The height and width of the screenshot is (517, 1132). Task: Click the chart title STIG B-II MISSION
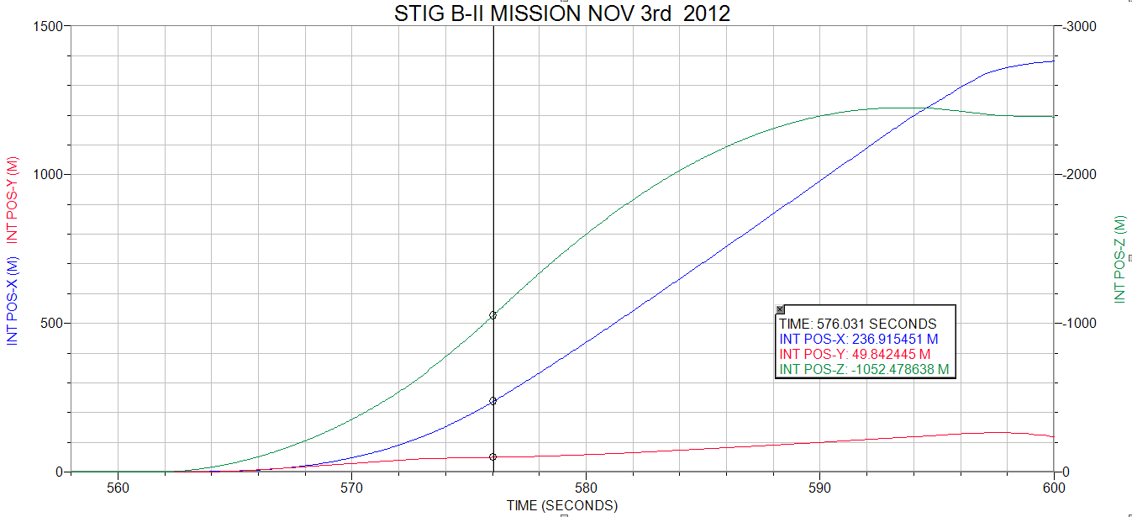pos(562,13)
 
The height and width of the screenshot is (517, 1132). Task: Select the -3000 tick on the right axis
pos(1077,26)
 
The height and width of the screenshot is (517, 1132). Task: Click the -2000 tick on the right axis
pos(1077,175)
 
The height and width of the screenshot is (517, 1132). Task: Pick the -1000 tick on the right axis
pos(1077,324)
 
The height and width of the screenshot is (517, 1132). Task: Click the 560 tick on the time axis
pos(118,486)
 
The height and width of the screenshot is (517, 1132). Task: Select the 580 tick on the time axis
pos(586,486)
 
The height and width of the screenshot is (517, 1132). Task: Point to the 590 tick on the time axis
pos(819,486)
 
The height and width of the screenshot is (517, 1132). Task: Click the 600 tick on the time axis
pos(1053,486)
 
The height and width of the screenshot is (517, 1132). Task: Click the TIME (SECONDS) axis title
pos(561,505)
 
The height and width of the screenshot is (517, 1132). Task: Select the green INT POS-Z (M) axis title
pos(1120,259)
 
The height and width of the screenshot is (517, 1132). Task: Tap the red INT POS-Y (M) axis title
pos(12,198)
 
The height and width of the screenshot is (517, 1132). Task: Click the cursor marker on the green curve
pos(493,315)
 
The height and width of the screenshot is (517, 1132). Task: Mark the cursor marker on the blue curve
pos(493,401)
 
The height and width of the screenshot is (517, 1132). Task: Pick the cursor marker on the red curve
pos(493,456)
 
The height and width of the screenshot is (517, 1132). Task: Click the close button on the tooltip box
pos(780,309)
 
